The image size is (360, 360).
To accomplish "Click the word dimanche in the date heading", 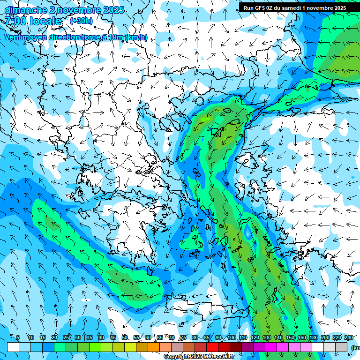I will click(25, 10).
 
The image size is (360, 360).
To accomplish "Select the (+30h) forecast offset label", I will click(81, 21).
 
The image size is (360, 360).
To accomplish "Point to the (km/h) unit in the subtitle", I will click(136, 37).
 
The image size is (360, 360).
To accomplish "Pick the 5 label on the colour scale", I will click(18, 338).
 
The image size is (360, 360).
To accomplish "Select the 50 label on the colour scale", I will click(125, 338).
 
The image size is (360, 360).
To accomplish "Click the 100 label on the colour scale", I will click(231, 338).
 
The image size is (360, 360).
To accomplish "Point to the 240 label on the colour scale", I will click(349, 338).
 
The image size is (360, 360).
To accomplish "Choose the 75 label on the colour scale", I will click(183, 338).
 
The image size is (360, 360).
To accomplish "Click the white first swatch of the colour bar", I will click(13, 347).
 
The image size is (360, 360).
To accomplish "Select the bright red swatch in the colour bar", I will click(212, 347).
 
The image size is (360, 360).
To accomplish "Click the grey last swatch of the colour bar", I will click(341, 347).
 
